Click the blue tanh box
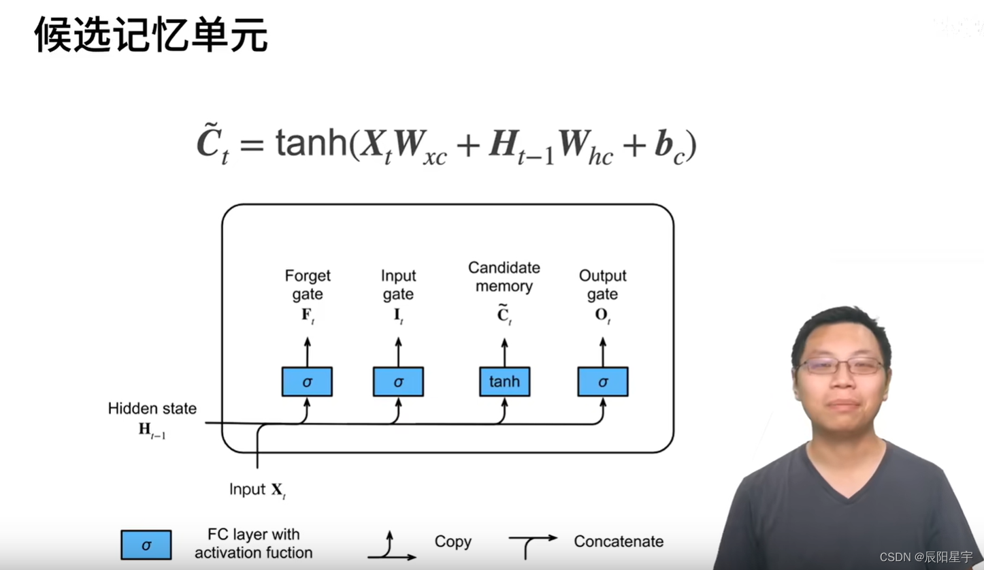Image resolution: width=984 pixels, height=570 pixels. pos(504,381)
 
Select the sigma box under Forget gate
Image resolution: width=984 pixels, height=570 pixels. pos(307,381)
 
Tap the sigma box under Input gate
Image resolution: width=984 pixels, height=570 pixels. pos(398,381)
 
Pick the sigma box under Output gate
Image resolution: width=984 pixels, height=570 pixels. pos(603,381)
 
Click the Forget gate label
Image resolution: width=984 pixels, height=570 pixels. pos(308,285)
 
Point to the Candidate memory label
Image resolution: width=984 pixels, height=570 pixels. pos(504,276)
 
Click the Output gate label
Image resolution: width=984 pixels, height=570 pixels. pos(602,285)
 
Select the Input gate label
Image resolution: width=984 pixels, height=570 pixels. pos(398,285)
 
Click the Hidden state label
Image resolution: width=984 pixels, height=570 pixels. pos(152,409)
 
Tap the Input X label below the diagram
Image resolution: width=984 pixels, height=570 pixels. pos(257,490)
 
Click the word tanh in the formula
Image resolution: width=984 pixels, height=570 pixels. pos(312,144)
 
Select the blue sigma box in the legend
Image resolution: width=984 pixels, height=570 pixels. pos(146,545)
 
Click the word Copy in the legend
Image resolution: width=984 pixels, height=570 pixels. pos(453,541)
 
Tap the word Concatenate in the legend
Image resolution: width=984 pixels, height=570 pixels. pos(619,541)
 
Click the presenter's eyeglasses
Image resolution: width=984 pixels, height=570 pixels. pos(841,366)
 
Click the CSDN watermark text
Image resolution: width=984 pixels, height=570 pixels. pos(926,556)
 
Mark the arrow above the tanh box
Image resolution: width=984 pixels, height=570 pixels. pos(504,353)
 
